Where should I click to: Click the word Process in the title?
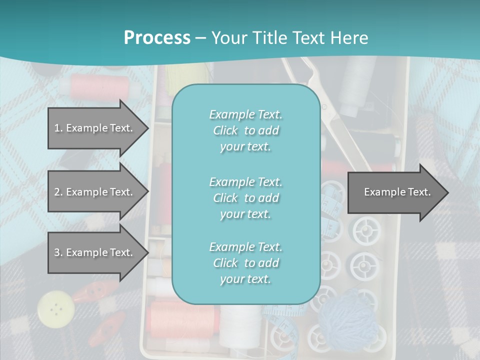157,38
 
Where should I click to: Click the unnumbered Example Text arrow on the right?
397,192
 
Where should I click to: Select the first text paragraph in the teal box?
245,130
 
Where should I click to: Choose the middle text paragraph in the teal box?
245,198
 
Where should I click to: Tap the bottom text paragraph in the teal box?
245,263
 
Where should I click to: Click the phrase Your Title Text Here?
290,38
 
